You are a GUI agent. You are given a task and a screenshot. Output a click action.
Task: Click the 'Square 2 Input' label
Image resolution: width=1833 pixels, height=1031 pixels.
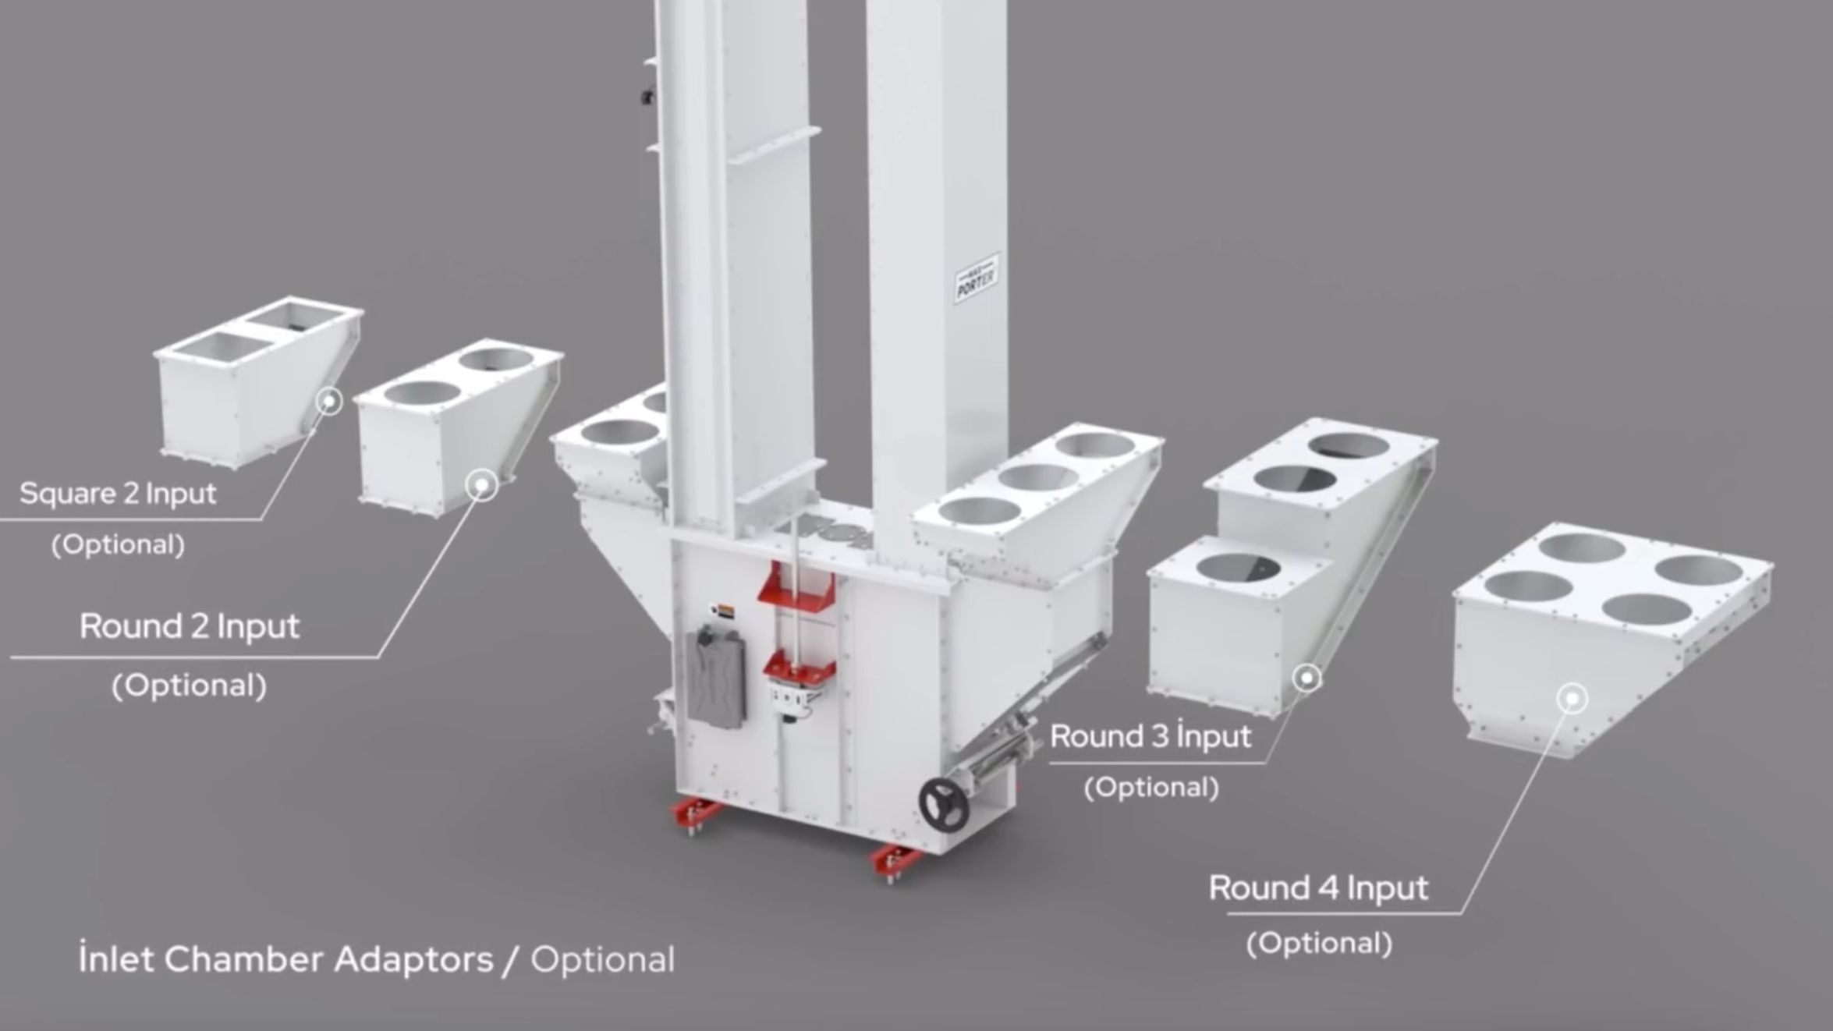coord(118,494)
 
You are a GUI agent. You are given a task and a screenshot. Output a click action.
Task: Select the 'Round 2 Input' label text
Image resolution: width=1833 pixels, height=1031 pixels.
coord(190,627)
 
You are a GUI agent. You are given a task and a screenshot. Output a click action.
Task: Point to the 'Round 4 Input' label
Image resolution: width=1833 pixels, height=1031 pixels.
coord(1318,888)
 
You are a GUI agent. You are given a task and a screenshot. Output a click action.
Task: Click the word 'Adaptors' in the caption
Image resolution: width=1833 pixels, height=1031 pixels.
coord(414,960)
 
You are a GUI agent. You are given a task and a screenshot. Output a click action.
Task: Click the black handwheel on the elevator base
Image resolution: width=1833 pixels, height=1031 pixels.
coord(943,803)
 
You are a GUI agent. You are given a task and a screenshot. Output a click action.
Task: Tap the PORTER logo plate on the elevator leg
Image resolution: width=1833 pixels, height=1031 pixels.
coord(977,278)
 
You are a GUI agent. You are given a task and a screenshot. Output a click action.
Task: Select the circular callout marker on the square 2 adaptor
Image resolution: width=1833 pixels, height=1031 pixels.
coord(330,402)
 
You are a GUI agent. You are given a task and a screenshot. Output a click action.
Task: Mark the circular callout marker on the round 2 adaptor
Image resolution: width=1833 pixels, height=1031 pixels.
coord(482,485)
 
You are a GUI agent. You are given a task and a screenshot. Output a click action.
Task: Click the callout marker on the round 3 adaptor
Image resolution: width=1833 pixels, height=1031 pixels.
coord(1307,678)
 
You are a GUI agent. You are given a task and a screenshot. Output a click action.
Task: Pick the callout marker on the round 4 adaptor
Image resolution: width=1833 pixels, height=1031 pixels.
coord(1572,698)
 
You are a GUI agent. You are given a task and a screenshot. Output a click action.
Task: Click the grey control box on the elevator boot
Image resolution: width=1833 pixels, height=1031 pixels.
coord(715,676)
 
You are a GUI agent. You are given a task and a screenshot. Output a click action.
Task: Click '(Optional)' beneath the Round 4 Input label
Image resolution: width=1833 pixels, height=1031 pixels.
coord(1319,943)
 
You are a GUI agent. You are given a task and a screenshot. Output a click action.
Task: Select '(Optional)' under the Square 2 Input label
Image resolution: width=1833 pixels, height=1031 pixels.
coord(118,544)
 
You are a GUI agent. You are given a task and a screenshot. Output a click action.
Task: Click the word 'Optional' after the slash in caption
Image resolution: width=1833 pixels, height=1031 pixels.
coord(602,960)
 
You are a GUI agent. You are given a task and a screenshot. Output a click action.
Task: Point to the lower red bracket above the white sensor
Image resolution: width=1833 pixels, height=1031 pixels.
coord(799,668)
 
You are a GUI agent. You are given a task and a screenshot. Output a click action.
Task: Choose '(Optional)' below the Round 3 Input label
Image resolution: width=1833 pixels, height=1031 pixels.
coord(1151,788)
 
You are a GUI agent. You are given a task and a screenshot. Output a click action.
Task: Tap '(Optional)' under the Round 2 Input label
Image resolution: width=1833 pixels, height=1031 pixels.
coord(190,686)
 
